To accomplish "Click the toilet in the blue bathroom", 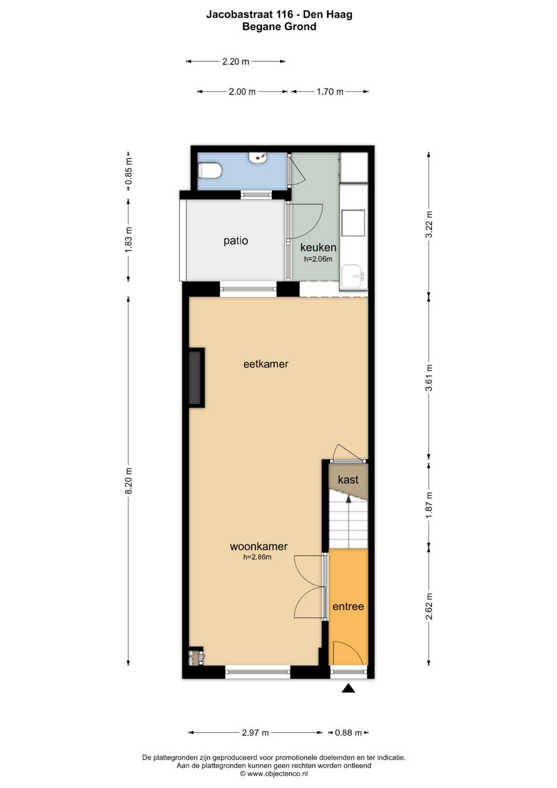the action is point(209,171).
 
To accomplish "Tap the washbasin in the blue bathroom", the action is point(258,157).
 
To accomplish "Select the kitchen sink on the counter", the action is point(353,277).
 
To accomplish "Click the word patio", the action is point(236,241).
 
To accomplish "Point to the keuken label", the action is point(318,247).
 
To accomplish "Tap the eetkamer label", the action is point(266,364).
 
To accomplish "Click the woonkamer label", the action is point(258,546).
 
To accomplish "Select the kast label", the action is point(348,479).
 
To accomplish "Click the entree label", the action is point(348,606).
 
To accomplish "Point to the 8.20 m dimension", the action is point(129,480).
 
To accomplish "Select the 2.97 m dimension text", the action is point(255,733).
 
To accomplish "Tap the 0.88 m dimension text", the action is point(348,733).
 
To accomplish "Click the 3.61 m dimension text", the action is point(429,378).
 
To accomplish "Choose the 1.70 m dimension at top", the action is point(330,92).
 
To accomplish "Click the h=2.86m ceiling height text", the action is point(257,557).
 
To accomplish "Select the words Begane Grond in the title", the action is point(279,27).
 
